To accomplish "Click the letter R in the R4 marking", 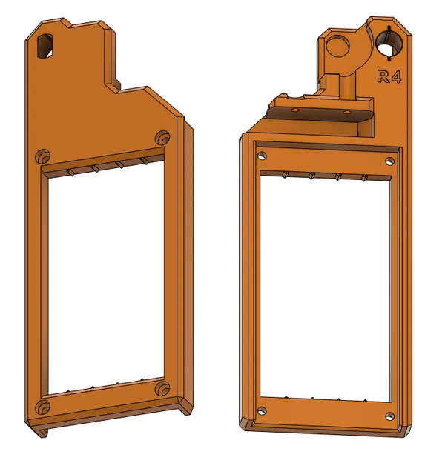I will point(383,76).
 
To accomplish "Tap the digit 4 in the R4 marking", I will point(396,76).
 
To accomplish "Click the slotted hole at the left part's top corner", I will point(44,46).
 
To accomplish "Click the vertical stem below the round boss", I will point(344,81).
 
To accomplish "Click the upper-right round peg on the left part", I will point(163,137).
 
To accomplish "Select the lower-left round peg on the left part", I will point(44,407).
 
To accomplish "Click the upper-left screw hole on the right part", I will point(262,157).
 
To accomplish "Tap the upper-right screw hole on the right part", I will point(388,161).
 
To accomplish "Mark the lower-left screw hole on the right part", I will point(260,410).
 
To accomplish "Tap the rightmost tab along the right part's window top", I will point(364,177).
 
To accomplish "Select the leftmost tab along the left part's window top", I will point(70,172).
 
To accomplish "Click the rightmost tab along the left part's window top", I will point(143,160).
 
